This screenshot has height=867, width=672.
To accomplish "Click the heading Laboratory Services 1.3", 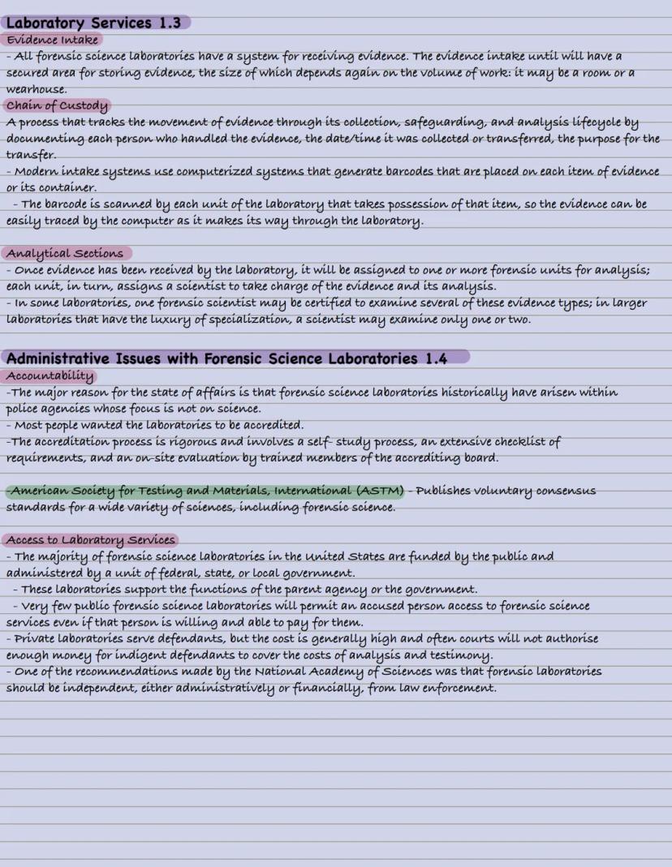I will coord(93,23).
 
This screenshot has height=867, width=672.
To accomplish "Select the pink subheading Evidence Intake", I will coord(53,40).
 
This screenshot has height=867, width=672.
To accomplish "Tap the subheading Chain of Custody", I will coord(57,105).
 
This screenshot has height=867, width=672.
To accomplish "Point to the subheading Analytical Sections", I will coord(65,254).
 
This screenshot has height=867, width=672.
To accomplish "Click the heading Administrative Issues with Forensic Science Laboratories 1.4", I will coord(226,358).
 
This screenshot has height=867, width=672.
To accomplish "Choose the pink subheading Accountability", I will coord(50,376).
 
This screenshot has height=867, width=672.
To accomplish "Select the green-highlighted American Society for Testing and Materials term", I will coord(205,491).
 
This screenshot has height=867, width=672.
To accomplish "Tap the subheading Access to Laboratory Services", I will coord(91,540).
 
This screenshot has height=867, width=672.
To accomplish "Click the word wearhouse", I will coord(37,89).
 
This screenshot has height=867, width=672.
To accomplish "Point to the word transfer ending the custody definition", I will coord(30,155).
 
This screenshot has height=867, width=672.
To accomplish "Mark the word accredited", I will coord(274,425).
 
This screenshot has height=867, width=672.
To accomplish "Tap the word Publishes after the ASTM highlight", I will coord(447,491).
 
